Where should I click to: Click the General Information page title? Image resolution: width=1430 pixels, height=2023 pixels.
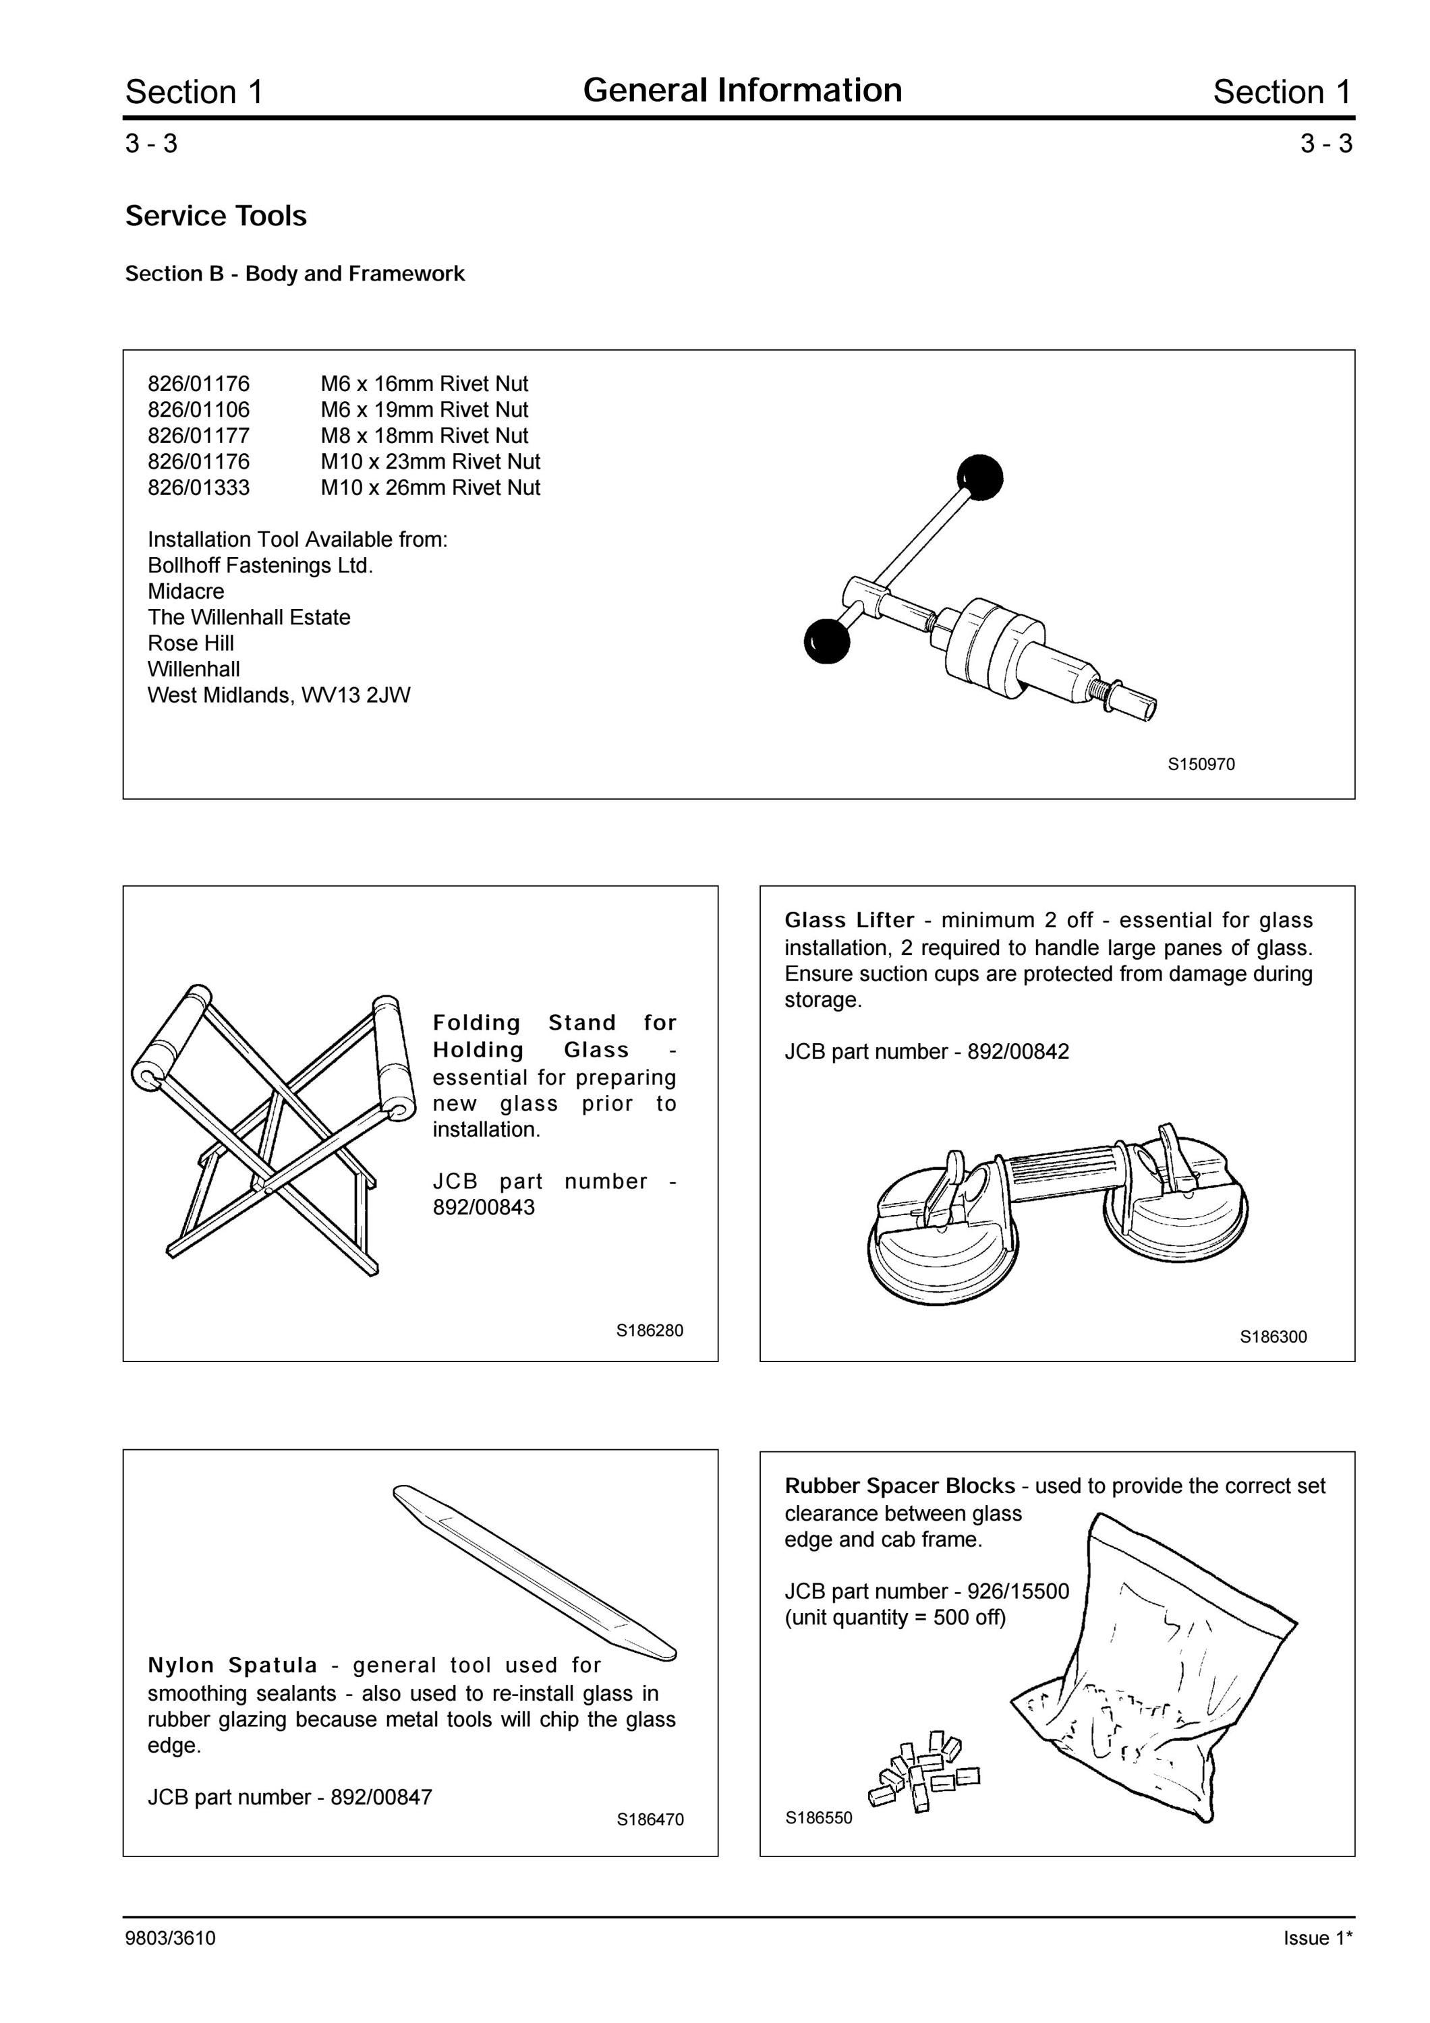(742, 90)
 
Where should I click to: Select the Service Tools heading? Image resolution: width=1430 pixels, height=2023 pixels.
(216, 216)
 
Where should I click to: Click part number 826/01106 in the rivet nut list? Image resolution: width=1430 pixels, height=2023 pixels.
(198, 410)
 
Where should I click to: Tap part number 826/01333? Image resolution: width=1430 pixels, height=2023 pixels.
(198, 488)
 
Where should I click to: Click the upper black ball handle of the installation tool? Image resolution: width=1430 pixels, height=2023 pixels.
(980, 478)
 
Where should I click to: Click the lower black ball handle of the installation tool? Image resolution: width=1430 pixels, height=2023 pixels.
(828, 641)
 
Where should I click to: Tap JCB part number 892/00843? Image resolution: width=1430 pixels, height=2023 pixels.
(484, 1207)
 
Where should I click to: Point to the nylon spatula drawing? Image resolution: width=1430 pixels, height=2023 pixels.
(535, 1572)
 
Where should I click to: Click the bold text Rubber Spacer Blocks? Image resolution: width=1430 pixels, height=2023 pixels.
(900, 1486)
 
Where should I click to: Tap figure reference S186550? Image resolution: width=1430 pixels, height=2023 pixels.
(818, 1818)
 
